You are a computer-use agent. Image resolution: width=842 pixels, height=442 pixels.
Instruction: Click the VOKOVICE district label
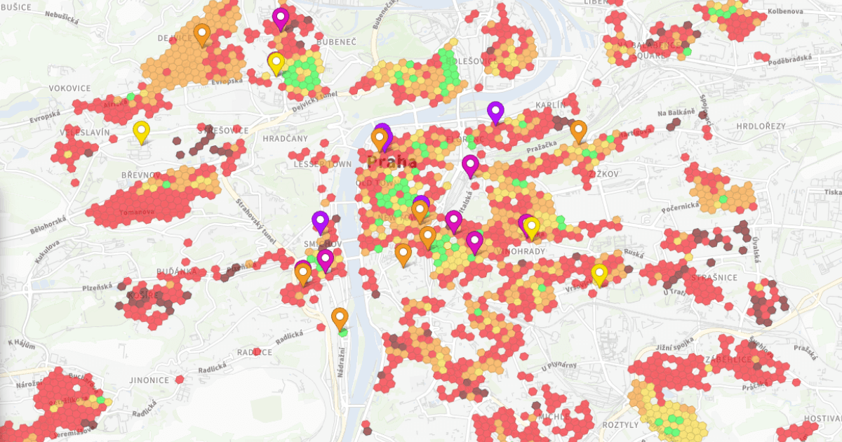(70, 88)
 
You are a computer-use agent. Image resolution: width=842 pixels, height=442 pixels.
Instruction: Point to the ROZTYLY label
(621, 425)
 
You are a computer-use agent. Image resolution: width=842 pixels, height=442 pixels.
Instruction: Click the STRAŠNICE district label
(714, 278)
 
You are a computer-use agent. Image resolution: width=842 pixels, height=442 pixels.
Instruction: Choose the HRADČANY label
(285, 139)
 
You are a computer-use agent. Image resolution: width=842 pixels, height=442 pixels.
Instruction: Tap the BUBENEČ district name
(337, 42)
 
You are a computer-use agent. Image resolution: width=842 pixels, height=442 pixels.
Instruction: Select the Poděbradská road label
(793, 59)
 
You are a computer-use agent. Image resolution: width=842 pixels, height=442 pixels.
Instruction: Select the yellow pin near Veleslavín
(141, 131)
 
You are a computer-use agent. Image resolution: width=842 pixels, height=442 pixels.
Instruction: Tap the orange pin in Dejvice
(202, 34)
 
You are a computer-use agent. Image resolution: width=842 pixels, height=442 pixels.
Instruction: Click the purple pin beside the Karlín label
(495, 112)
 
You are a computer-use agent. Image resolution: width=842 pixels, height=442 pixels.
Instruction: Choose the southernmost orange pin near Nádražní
(340, 319)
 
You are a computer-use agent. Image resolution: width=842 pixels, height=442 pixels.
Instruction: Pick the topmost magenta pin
(281, 18)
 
